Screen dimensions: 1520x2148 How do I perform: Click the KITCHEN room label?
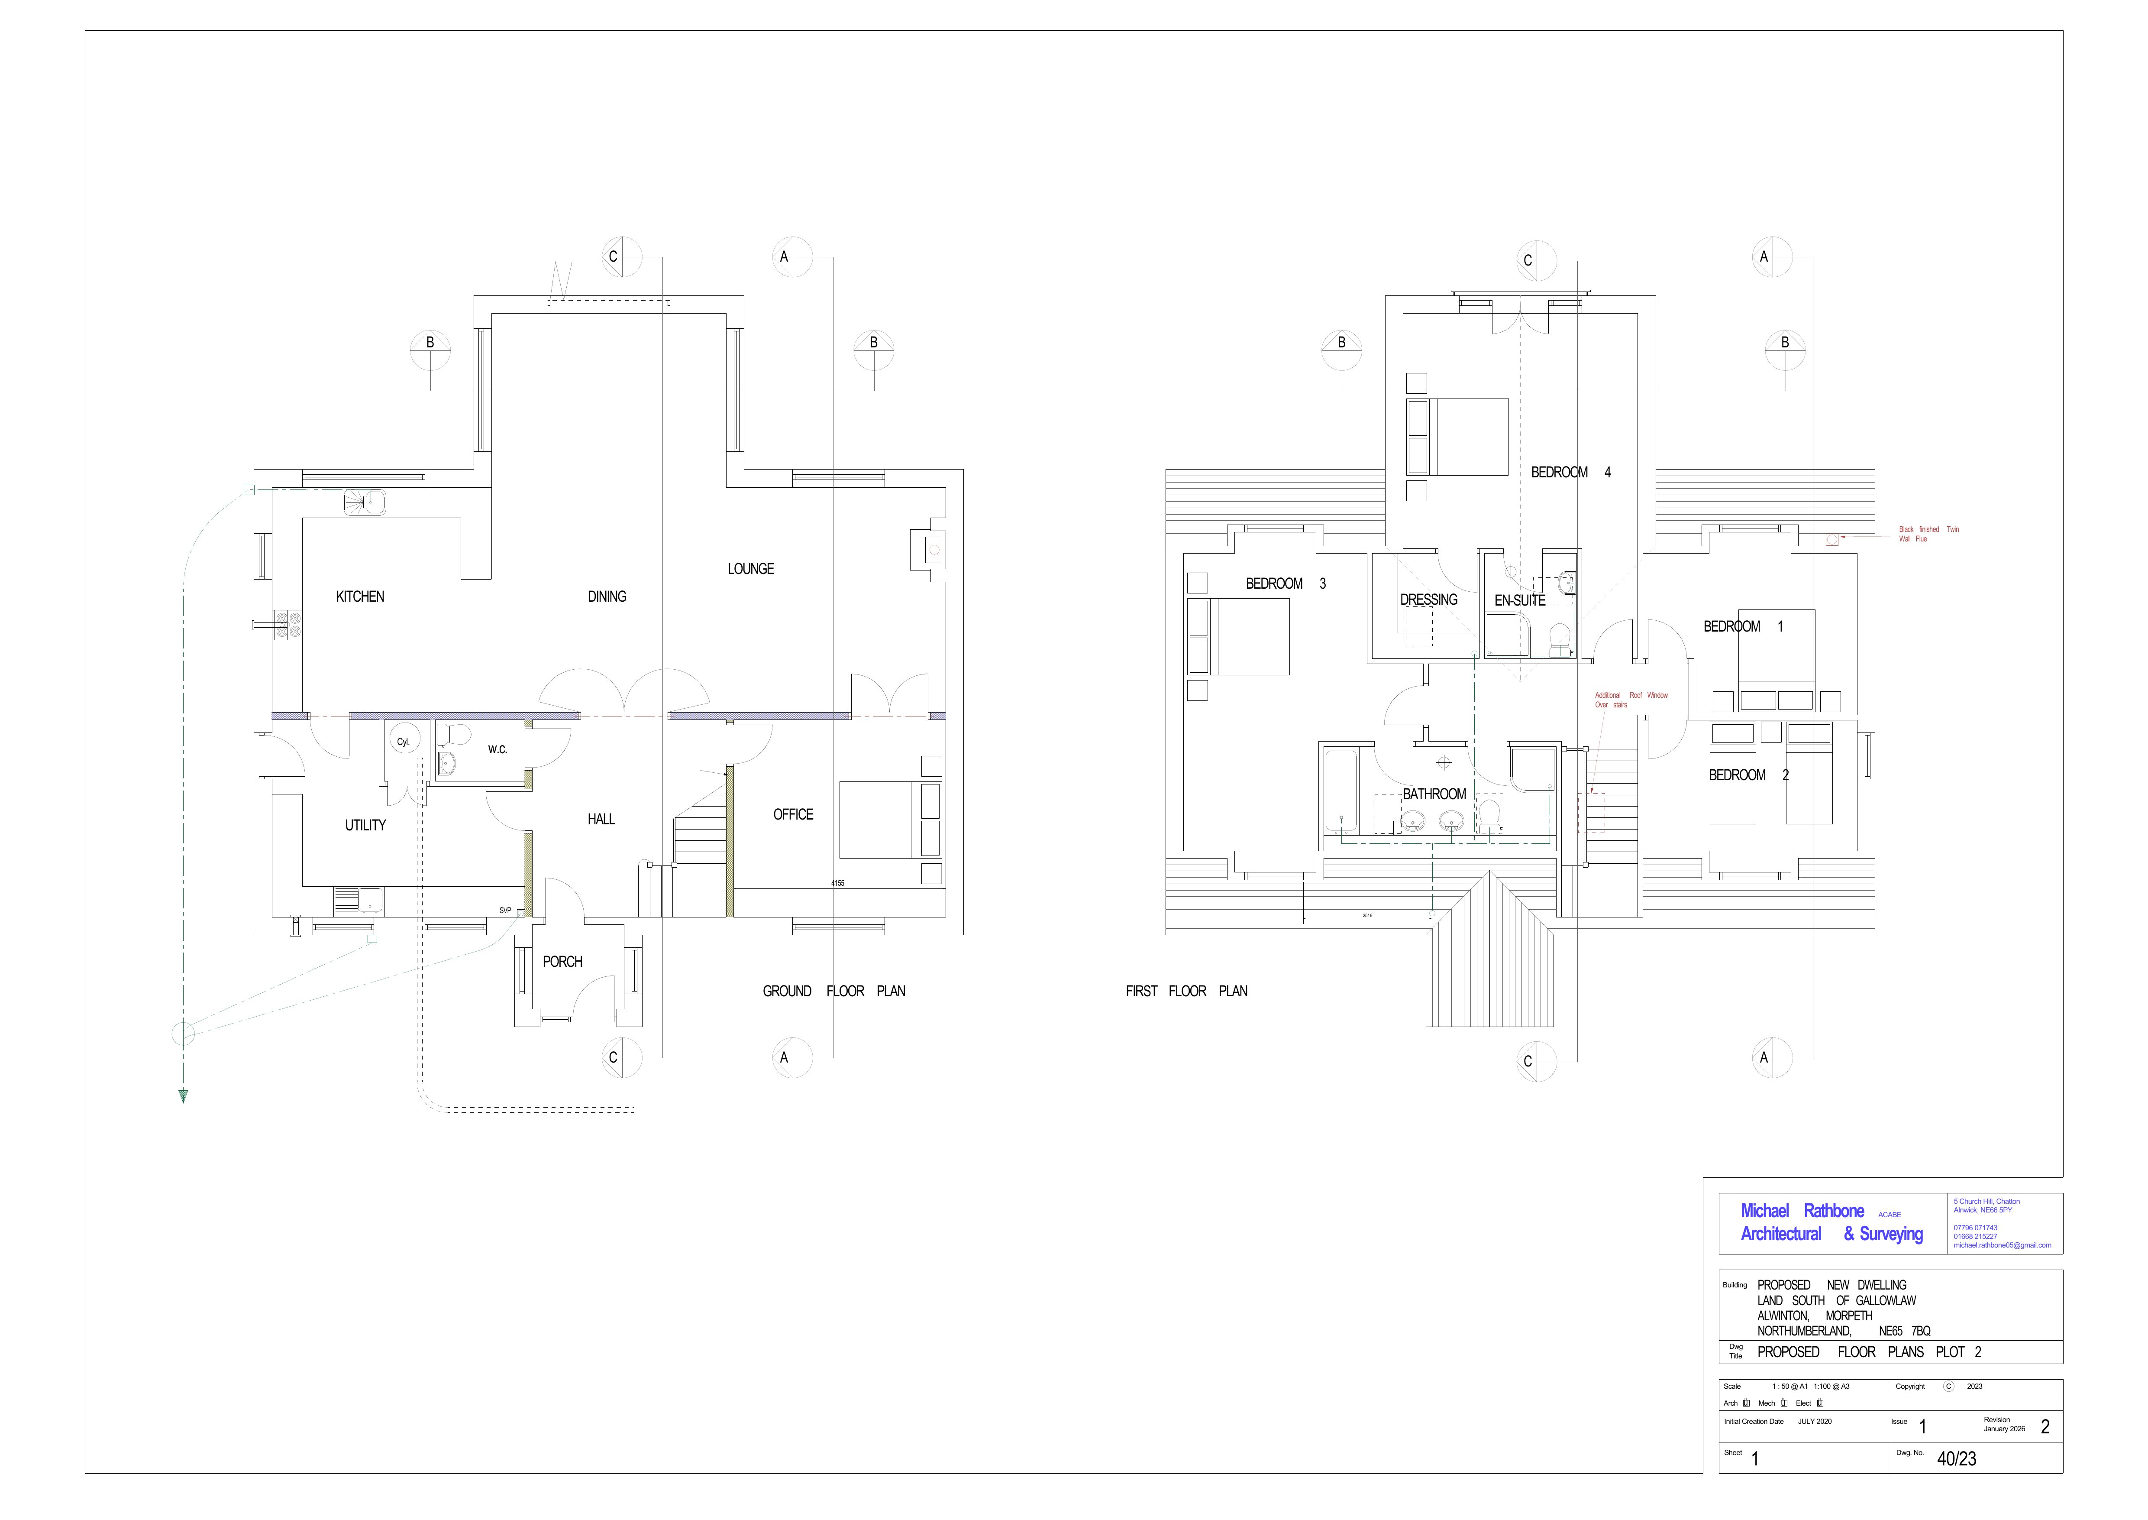point(360,596)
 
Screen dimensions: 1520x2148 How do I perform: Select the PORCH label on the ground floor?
point(562,961)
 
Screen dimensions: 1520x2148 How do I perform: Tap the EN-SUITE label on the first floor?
point(1519,600)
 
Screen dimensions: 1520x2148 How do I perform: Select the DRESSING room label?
point(1428,599)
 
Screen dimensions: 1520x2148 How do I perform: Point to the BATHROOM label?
point(1434,794)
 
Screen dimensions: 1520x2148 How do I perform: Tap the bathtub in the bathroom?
point(1340,791)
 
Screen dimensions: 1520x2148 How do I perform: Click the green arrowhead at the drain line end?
point(184,1096)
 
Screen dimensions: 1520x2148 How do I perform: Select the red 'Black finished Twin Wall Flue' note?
point(1928,534)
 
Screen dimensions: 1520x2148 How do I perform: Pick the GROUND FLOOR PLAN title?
point(833,991)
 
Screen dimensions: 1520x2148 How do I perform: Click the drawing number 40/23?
point(1956,1458)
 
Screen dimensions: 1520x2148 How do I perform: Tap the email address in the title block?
point(2002,1245)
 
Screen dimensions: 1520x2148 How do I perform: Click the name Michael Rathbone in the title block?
point(1802,1210)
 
